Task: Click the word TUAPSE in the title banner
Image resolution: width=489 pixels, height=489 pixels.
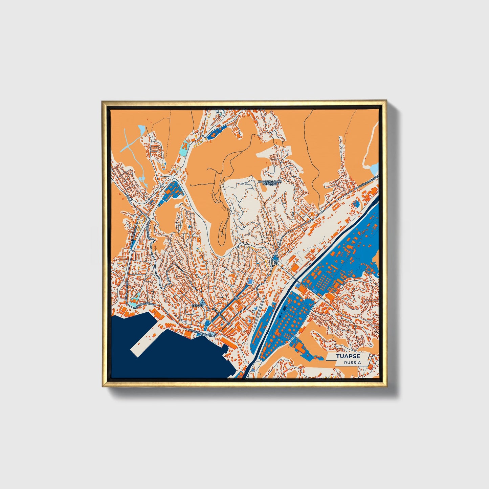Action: point(348,356)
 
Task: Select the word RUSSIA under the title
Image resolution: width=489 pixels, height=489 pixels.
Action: point(352,362)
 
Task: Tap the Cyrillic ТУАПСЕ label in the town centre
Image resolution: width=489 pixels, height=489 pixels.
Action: point(198,305)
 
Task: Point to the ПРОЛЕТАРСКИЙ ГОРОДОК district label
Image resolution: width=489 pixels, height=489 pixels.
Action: point(269,183)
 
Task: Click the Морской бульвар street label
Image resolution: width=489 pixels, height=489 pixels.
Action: point(200,332)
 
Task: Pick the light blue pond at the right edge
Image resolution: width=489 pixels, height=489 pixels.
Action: point(374,168)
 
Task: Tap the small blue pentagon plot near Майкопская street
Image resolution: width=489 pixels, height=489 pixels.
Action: point(356,203)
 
